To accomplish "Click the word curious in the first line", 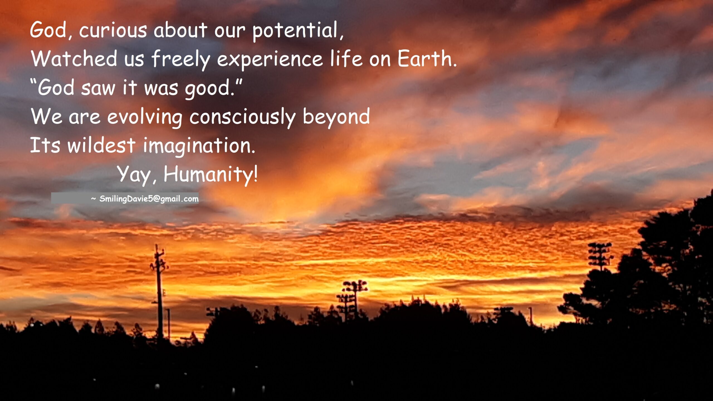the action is tap(113, 30).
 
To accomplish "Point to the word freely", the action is tap(180, 60).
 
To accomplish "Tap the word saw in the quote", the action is tap(98, 89).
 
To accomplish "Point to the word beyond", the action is tap(336, 117).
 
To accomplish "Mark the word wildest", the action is tap(101, 145).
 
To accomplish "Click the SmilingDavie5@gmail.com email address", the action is tap(149, 199).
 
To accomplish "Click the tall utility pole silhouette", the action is tap(159, 291).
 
